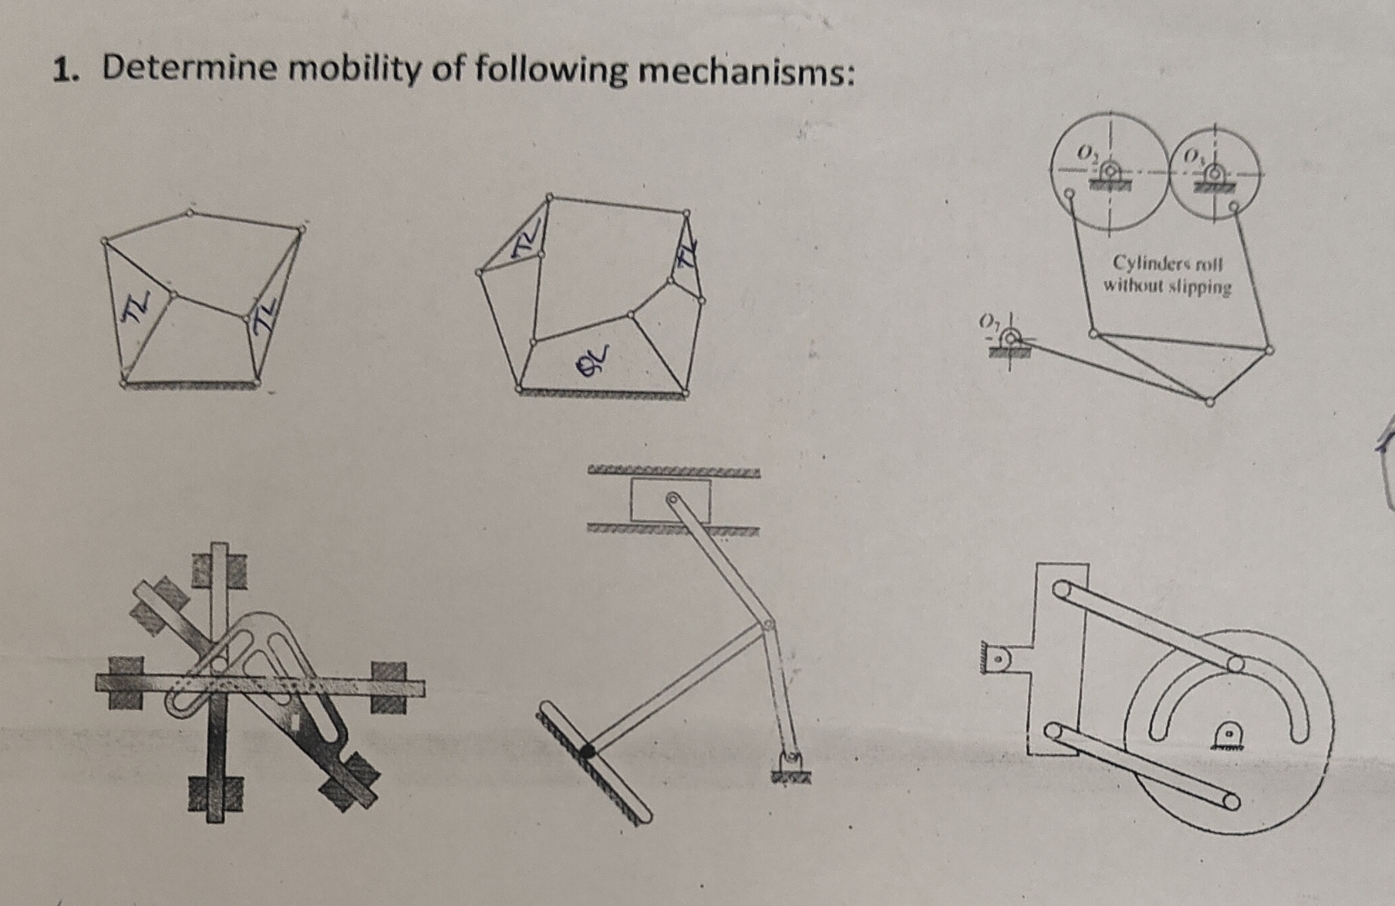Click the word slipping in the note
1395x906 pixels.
click(1201, 287)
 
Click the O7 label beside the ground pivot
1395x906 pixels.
click(989, 321)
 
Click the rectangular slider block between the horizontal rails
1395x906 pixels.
click(671, 500)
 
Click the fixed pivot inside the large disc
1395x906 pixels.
click(1228, 735)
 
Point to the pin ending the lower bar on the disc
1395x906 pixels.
click(1230, 801)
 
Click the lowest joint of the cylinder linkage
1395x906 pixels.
click(1209, 401)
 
